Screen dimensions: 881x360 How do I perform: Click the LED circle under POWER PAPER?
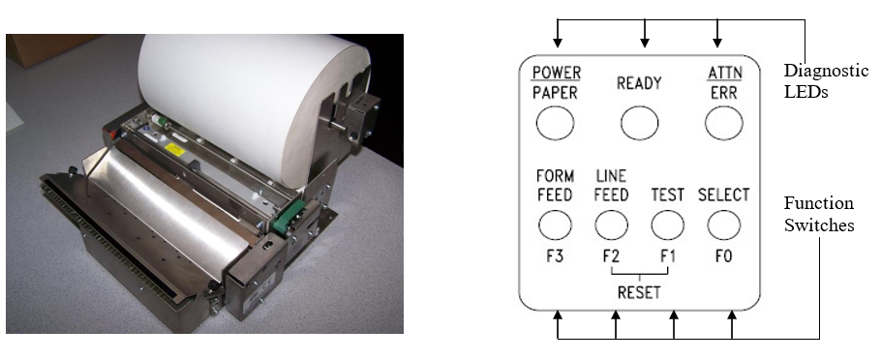555,123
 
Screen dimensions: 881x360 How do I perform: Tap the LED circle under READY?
639,123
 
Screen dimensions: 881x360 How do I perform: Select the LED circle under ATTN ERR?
724,123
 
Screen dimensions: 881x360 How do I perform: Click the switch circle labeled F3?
555,225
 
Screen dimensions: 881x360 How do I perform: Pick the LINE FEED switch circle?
611,225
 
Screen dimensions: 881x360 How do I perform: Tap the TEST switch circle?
667,225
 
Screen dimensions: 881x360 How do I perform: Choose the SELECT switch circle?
724,225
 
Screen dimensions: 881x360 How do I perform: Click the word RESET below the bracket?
639,292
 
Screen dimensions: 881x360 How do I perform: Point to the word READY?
639,83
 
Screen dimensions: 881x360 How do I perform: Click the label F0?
724,256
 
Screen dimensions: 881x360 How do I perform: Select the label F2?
611,256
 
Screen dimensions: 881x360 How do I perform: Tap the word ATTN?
724,73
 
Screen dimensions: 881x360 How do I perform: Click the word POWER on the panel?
557,73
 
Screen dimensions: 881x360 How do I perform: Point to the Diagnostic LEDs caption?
826,81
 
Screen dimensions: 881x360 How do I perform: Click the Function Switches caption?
819,214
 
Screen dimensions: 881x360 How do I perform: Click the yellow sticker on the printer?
175,149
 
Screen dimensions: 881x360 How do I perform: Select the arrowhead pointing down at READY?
645,43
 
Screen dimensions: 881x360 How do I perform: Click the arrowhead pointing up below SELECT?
732,315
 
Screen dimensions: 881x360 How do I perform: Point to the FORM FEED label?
555,186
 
